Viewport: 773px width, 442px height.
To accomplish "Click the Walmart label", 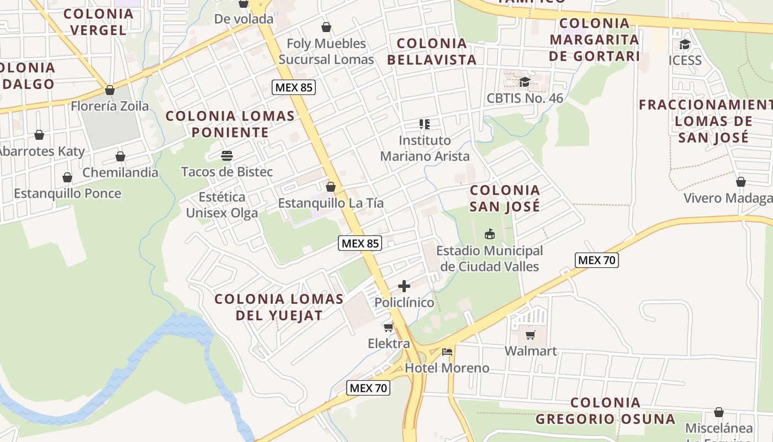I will pos(531,351).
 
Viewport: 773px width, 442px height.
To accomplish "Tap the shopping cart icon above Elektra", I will pos(389,327).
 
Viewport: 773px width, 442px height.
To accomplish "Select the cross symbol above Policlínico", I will pos(404,286).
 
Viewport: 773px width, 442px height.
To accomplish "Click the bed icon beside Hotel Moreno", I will pos(447,351).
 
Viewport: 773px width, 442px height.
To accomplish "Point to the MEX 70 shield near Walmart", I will pos(596,260).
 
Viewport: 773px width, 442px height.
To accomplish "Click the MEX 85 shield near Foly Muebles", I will pos(294,87).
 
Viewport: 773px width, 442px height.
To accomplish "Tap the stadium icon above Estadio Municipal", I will pos(489,234).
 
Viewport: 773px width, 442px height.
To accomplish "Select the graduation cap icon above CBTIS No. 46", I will pos(525,82).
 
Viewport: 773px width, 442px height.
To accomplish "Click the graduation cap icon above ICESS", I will pos(685,44).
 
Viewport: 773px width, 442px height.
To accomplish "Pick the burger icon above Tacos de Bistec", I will pos(227,156).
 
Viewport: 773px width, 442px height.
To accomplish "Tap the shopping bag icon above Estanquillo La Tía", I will pos(331,187).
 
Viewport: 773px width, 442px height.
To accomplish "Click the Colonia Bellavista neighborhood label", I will pos(432,51).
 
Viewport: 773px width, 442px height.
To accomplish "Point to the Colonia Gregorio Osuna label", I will pos(606,411).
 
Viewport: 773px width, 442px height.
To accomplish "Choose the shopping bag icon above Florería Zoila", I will pos(110,90).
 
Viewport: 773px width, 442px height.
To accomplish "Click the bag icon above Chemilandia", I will pos(120,156).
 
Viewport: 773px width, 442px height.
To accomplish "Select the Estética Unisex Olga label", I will pos(222,205).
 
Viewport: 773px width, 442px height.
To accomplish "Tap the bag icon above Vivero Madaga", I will pos(741,182).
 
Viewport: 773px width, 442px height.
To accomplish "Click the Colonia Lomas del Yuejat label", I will pos(279,307).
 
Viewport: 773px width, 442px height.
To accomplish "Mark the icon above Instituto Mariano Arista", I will pos(424,124).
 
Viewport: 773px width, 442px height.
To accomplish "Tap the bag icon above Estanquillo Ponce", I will pos(67,177).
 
